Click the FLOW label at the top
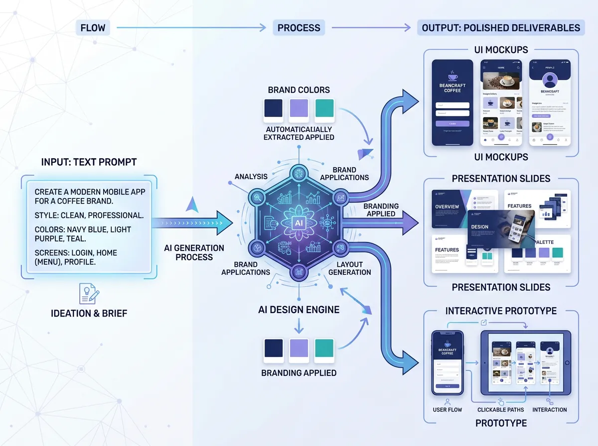click(93, 27)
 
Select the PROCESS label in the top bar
click(299, 27)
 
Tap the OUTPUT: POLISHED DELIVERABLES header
click(501, 27)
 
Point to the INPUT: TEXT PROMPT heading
click(88, 162)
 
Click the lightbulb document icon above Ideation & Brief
click(89, 293)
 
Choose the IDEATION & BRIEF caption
click(89, 313)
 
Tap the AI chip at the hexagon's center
click(299, 223)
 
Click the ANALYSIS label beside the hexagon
click(251, 176)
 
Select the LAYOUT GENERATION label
click(349, 268)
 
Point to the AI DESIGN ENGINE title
click(299, 310)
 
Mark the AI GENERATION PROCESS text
click(194, 252)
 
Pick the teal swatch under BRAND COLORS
click(324, 109)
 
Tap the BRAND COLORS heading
click(299, 90)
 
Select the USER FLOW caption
click(447, 410)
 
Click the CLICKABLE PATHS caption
click(500, 410)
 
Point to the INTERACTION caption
click(550, 410)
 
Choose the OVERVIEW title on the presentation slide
click(448, 207)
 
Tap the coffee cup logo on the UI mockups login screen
click(452, 76)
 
